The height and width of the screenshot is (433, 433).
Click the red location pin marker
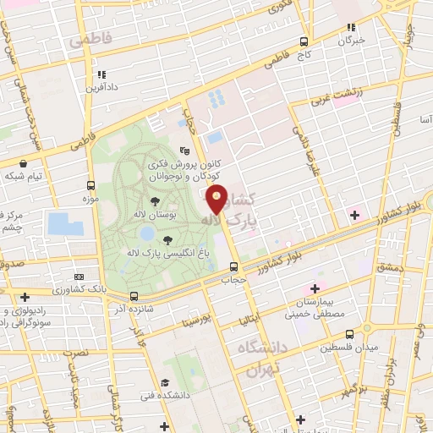pyautogui.click(x=217, y=199)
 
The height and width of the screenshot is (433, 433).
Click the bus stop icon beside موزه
pyautogui.click(x=91, y=185)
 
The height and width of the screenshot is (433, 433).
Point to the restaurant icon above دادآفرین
pyautogui.click(x=101, y=74)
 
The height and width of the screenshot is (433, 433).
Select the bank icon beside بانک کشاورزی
pyautogui.click(x=79, y=277)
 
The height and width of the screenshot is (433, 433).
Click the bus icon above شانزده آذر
pyautogui.click(x=134, y=296)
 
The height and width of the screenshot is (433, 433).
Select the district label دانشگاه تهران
pyautogui.click(x=262, y=359)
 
